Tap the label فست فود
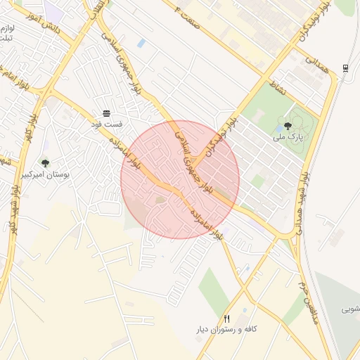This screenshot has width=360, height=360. click(107, 124)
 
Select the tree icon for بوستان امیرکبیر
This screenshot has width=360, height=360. click(46, 163)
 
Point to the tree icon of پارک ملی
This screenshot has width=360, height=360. click(288, 127)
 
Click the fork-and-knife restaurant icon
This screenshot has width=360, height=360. click(226, 319)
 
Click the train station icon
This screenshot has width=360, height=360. click(345, 68)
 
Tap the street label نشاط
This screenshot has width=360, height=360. click(279, 89)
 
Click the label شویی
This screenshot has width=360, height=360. click(351, 309)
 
